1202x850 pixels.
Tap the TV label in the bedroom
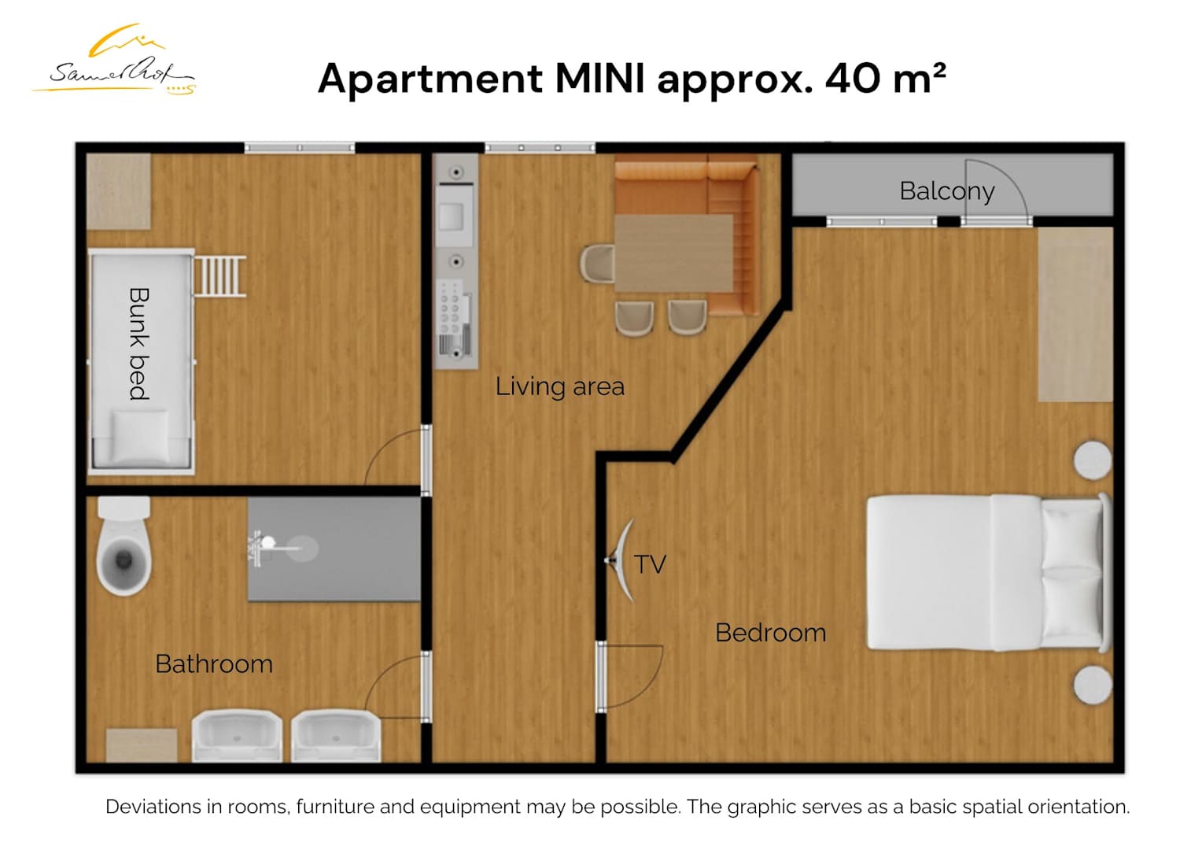coord(650,564)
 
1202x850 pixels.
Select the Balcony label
coord(946,191)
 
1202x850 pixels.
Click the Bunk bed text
coord(139,344)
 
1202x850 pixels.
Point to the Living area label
coord(559,386)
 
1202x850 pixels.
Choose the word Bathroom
coord(214,664)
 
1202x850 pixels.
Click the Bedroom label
coord(771,633)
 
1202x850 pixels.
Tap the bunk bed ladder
coord(220,276)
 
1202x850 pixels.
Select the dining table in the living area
coord(674,253)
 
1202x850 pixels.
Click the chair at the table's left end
coord(597,263)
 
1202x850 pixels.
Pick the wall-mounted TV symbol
coord(621,560)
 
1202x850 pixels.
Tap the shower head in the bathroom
coord(268,541)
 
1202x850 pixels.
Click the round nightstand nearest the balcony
coord(1093,460)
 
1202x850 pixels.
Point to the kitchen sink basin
coord(451,217)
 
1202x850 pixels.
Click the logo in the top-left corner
coord(114,60)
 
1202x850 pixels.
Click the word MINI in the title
coord(600,79)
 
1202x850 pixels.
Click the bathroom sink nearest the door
coord(336,736)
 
